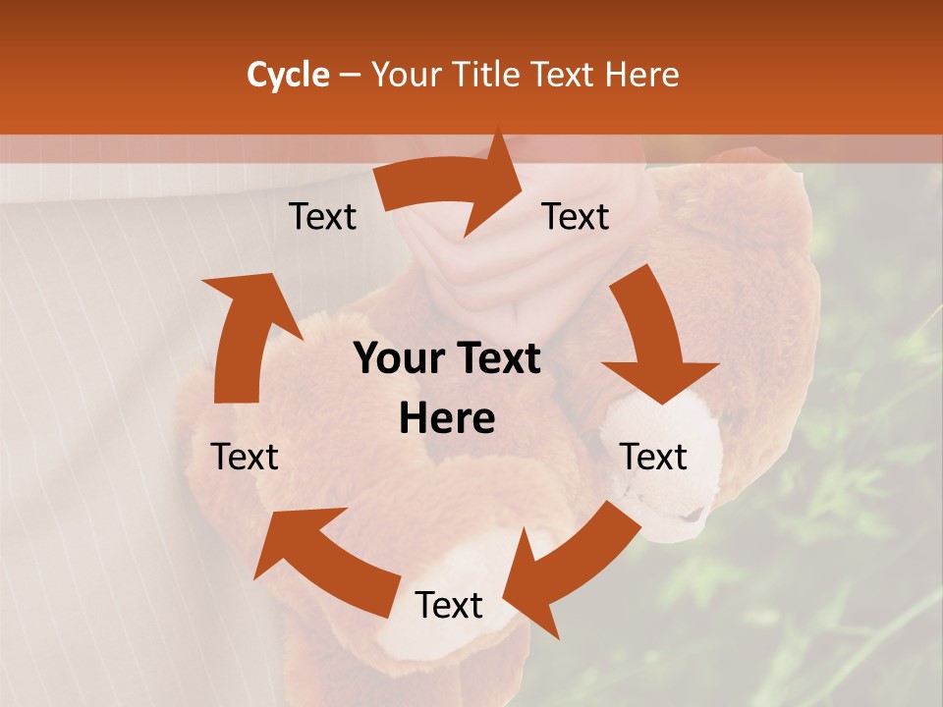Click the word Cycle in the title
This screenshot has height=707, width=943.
(288, 75)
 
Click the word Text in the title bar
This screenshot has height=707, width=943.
(563, 75)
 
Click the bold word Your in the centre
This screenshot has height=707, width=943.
(397, 359)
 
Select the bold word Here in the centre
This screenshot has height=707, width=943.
(447, 419)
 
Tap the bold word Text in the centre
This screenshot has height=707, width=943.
(497, 359)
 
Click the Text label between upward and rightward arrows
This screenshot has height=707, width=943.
(323, 217)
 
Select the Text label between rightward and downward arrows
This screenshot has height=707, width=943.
(576, 217)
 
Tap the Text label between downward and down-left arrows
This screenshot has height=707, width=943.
(653, 457)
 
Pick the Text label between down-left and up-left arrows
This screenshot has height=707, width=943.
(449, 606)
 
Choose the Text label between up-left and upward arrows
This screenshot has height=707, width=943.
(245, 457)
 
